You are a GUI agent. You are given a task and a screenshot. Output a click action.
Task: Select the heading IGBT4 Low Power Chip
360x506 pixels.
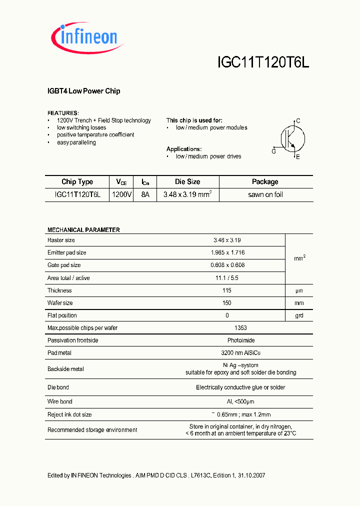coord(83,91)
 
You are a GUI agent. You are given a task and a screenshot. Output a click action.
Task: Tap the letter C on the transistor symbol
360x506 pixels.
coord(298,121)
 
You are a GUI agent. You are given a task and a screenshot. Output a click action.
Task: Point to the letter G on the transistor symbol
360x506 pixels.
coord(273,151)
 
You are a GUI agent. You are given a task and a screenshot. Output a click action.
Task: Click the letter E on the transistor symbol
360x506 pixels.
coord(298,157)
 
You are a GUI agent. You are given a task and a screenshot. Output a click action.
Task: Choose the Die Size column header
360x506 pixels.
coord(187,182)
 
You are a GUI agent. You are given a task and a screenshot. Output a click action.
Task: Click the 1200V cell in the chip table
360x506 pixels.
coord(122,194)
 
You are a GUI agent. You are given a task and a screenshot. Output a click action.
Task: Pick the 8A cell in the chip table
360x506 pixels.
coord(145,194)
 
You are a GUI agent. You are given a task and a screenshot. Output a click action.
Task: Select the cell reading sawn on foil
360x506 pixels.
coord(265,194)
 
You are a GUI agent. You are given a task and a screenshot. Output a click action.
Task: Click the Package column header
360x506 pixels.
coord(265,182)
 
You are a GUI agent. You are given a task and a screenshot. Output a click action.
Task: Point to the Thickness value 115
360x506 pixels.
coord(227,290)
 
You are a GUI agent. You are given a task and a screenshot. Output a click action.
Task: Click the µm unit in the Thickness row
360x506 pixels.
coord(298,290)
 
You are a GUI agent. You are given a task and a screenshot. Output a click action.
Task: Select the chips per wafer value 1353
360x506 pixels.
coord(240,328)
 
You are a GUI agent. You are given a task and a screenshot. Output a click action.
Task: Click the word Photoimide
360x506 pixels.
coord(240,340)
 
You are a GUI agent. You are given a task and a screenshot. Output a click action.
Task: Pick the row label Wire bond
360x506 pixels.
coord(59,401)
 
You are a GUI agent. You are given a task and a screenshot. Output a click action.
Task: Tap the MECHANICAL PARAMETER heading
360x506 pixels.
coord(83,230)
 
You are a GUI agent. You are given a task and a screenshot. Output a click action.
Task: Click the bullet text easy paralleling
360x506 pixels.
coord(76,142)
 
